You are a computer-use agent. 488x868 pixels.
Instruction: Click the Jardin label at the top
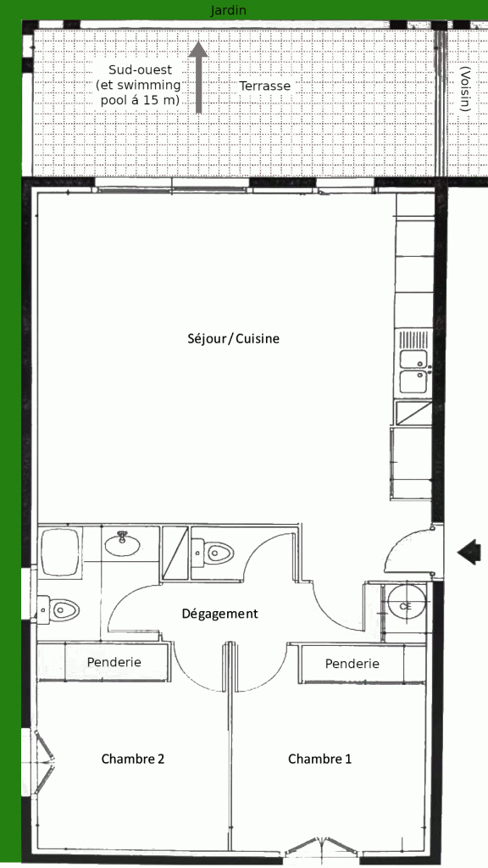[228, 10]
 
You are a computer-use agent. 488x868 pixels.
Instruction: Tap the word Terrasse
[264, 86]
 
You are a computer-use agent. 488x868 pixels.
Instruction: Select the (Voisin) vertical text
[466, 90]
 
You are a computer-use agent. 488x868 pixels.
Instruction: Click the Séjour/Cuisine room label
[234, 339]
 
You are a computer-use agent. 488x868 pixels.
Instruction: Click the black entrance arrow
[469, 552]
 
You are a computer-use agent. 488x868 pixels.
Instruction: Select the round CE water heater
[406, 605]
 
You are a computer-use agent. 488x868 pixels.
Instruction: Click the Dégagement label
[219, 614]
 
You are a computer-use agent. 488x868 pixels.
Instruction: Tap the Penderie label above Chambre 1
[352, 663]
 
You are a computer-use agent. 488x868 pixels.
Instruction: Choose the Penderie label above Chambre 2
[114, 662]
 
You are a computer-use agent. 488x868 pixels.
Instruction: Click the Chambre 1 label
[319, 759]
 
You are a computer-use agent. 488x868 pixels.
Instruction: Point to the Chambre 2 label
[133, 759]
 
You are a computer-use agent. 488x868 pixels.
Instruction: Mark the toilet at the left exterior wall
[58, 610]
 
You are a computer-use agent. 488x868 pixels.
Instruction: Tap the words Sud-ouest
[140, 70]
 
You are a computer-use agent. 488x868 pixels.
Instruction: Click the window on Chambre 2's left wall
[42, 762]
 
